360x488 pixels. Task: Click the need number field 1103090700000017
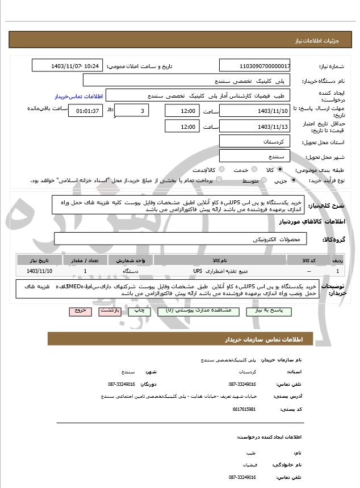tap(254, 66)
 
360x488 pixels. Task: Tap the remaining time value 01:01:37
tap(87, 111)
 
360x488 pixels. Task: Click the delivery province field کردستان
tap(254, 141)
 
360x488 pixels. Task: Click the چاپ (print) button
tap(139, 312)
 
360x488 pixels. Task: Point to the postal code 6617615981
tap(245, 409)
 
